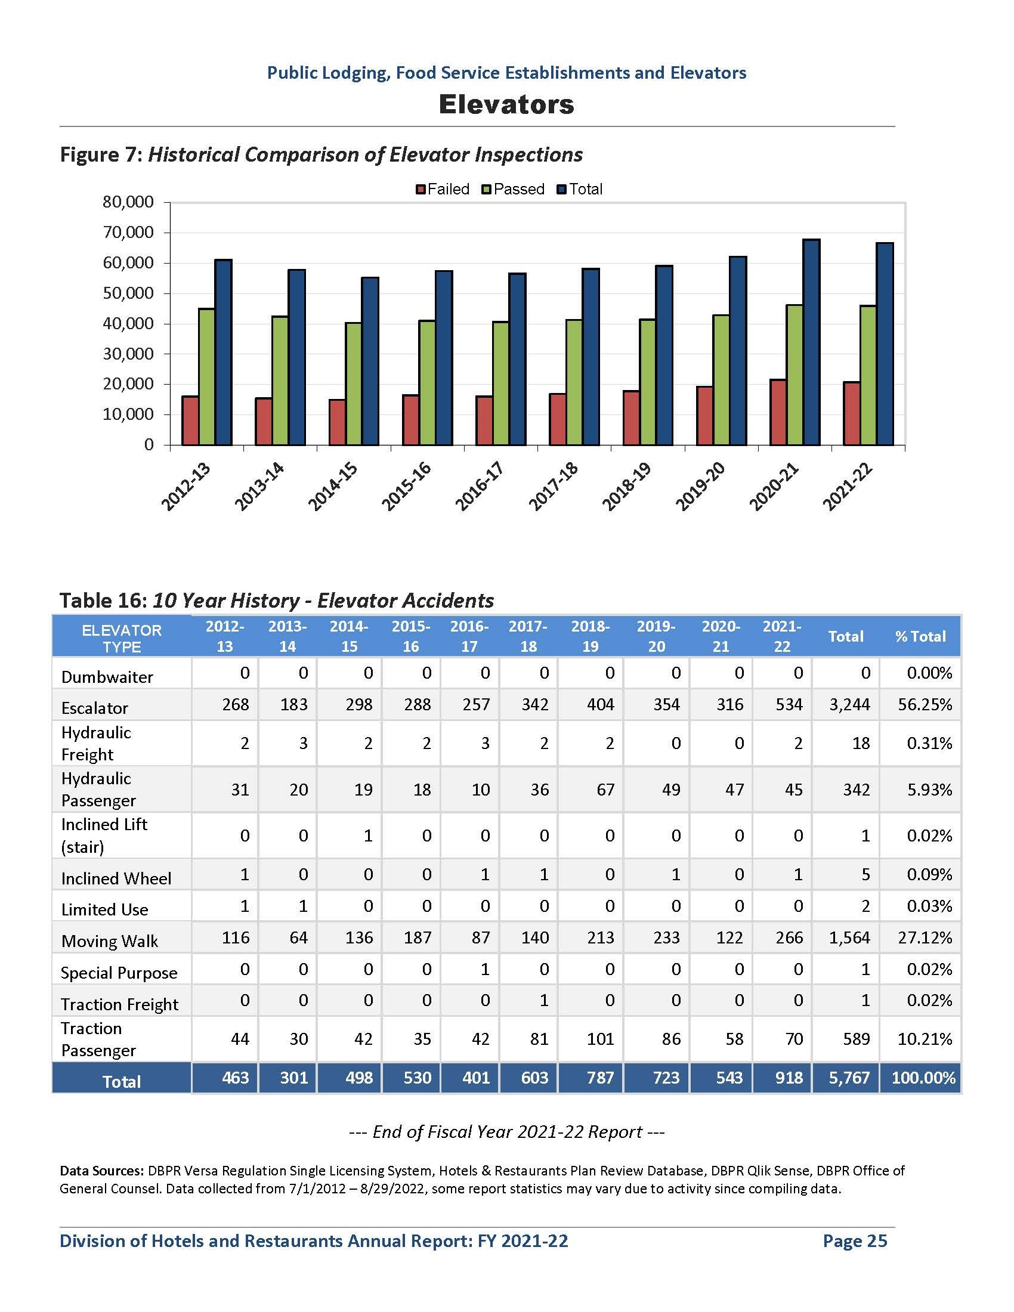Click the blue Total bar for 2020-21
(811, 342)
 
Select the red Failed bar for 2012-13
(190, 420)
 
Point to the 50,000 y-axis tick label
(128, 293)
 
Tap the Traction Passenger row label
(98, 1040)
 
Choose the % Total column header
(920, 636)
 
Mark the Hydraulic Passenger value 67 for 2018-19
(605, 790)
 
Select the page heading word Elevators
(506, 104)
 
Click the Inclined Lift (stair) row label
(104, 836)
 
